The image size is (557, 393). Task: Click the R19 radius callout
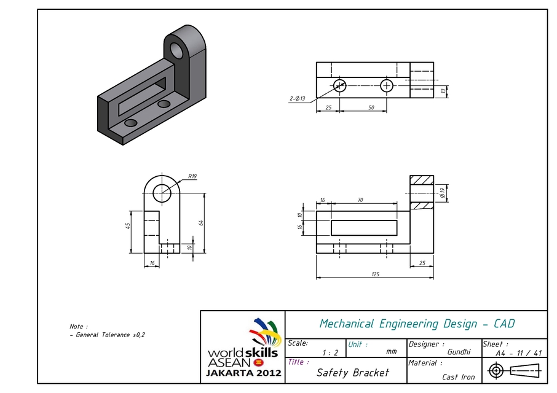192,177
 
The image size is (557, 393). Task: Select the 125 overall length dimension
374,274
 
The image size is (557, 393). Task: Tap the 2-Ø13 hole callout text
297,98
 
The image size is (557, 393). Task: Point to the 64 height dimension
200,222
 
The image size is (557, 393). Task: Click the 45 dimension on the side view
127,225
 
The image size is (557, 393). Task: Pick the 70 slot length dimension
360,200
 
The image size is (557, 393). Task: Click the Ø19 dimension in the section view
443,192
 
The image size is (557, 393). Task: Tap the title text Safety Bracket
353,373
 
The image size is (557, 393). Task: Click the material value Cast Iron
458,377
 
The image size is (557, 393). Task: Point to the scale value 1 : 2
330,352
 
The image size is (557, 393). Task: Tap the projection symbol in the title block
515,370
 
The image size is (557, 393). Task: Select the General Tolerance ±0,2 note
108,335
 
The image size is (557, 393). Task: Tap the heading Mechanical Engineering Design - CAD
417,324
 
